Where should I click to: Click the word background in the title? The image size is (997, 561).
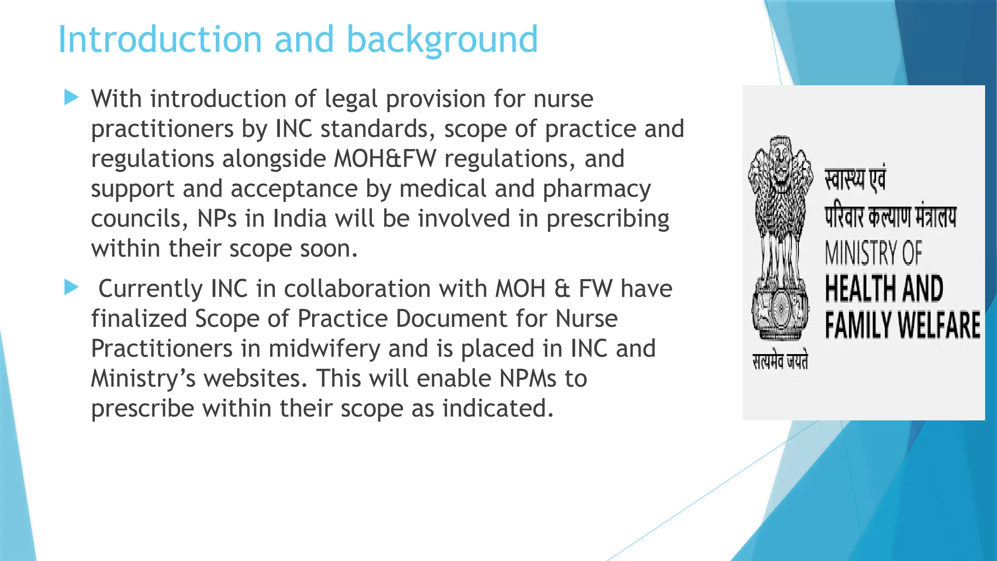click(442, 40)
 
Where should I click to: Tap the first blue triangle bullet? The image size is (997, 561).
click(71, 97)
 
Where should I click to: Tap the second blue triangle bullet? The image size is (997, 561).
click(71, 287)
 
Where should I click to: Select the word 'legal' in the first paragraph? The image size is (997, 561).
click(351, 100)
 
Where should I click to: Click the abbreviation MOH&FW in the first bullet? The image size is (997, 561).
click(385, 159)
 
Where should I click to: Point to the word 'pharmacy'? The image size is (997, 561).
click(596, 189)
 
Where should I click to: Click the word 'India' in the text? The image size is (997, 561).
click(299, 219)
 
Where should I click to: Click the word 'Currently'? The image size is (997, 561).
click(150, 289)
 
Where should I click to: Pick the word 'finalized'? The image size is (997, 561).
click(139, 319)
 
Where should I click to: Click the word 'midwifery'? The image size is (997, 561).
click(324, 349)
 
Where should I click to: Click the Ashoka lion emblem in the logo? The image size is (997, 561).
click(780, 239)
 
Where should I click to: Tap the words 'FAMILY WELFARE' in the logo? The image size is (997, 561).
click(902, 325)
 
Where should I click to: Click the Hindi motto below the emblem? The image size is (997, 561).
click(780, 361)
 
